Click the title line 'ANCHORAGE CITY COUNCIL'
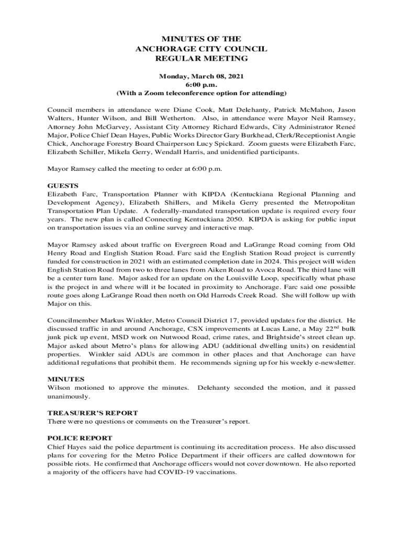[x=201, y=49]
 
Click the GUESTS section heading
[x=63, y=185]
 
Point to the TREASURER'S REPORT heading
[x=93, y=413]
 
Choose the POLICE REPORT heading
[x=80, y=438]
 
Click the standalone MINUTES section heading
[x=66, y=379]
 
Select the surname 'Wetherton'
[x=150, y=118]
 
